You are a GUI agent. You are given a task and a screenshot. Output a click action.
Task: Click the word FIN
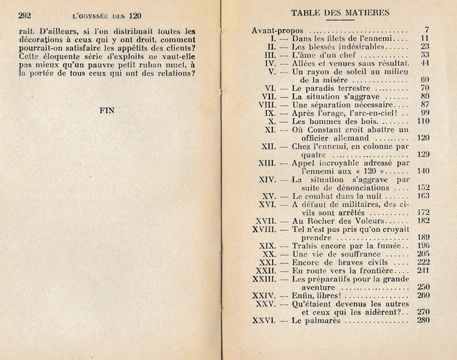click(107, 111)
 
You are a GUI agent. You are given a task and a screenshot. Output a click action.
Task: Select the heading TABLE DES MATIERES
click(340, 12)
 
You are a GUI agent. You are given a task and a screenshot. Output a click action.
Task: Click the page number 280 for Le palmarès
click(423, 320)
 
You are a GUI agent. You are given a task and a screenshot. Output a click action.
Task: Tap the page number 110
click(423, 121)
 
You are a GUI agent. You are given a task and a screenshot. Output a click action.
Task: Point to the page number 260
click(423, 296)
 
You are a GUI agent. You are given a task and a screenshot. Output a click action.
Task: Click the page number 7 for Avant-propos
click(426, 29)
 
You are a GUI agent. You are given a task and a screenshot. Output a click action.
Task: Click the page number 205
click(423, 254)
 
